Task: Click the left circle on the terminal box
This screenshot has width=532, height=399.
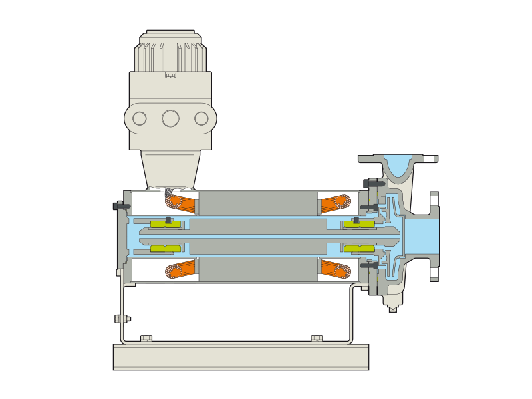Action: [x=140, y=118]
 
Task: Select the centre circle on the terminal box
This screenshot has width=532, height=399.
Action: [x=170, y=118]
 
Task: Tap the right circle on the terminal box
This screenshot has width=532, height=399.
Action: [x=201, y=118]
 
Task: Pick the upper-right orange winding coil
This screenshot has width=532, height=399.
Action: [x=336, y=203]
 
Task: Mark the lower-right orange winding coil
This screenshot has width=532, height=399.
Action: [x=336, y=269]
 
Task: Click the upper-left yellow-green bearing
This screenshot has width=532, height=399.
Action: [x=166, y=224]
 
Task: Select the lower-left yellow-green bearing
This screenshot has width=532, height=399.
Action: [x=166, y=249]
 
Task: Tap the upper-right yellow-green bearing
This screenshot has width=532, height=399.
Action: [x=359, y=224]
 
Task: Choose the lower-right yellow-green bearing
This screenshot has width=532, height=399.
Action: [x=359, y=249]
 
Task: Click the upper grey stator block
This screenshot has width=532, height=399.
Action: [x=258, y=203]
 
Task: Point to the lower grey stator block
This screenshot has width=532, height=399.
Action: [x=258, y=269]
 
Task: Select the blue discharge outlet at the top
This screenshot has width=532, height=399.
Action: [x=398, y=163]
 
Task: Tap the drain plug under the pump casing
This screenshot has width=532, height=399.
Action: [x=393, y=309]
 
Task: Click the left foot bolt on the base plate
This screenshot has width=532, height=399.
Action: [x=146, y=338]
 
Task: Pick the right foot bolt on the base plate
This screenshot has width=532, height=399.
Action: [x=317, y=338]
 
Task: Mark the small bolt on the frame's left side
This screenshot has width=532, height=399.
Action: [x=122, y=319]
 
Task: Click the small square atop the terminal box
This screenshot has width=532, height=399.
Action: [x=170, y=75]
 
